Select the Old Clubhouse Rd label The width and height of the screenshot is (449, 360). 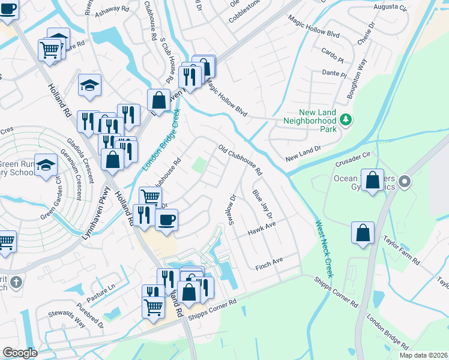[x=240, y=160]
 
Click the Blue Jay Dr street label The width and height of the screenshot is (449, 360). [x=262, y=205]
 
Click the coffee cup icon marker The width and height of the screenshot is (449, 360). [x=166, y=219]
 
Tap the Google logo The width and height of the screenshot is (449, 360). [x=20, y=353]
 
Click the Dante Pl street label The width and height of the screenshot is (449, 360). [x=334, y=73]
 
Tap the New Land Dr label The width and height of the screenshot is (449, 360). [x=304, y=153]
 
